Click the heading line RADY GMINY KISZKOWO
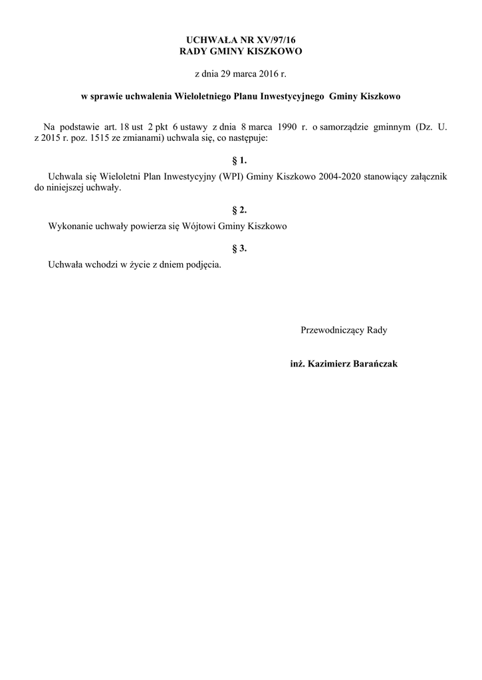(x=241, y=50)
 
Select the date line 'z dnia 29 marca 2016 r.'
(x=241, y=72)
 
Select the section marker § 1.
(x=239, y=161)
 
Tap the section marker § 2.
(x=239, y=210)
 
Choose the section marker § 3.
(x=239, y=248)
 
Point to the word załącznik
(x=427, y=177)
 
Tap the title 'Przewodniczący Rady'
(x=344, y=330)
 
